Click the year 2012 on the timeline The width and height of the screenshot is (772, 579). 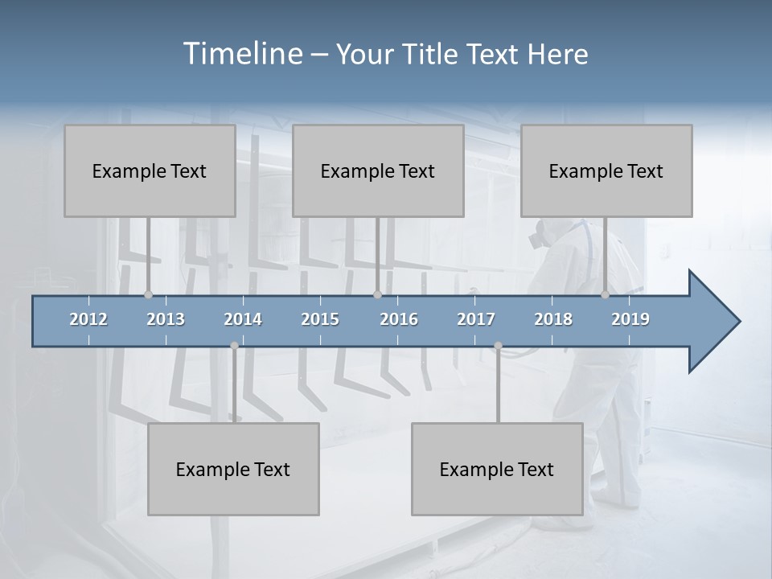point(88,319)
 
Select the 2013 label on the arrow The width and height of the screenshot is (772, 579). point(166,319)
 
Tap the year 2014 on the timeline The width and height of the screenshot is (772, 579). point(243,319)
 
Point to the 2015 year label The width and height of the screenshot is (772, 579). point(320,319)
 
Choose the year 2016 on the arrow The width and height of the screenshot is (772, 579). point(399,319)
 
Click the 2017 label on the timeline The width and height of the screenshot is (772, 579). point(476,319)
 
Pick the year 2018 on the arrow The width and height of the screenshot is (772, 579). point(553,319)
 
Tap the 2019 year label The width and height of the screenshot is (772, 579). point(630,319)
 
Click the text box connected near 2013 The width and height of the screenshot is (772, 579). point(150,170)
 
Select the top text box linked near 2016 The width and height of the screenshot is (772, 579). point(378,170)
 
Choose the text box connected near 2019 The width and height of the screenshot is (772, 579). point(606,170)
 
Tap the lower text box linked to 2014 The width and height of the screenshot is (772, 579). point(233,469)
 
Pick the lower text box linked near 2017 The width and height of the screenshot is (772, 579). point(497,469)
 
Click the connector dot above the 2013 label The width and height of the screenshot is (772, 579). point(148,295)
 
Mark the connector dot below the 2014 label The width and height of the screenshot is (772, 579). point(234,346)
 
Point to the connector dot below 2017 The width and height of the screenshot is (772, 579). point(498,346)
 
